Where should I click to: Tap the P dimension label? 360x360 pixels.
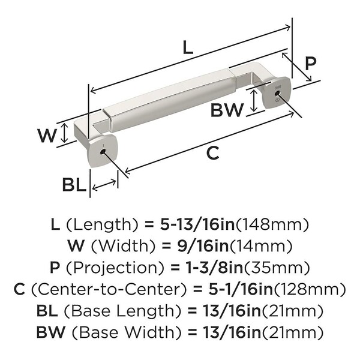pyautogui.click(x=311, y=63)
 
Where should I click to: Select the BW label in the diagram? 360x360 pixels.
pyautogui.click(x=227, y=110)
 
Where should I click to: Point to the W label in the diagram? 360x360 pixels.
pyautogui.click(x=47, y=136)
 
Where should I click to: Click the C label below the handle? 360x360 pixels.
pyautogui.click(x=213, y=153)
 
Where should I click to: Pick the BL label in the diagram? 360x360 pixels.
pyautogui.click(x=74, y=185)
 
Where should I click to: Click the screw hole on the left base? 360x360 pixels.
pyautogui.click(x=103, y=152)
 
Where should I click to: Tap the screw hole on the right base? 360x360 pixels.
pyautogui.click(x=277, y=93)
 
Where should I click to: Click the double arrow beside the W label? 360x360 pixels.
pyautogui.click(x=65, y=133)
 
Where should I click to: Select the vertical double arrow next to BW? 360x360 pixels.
pyautogui.click(x=253, y=101)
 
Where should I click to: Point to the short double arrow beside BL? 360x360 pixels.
pyautogui.click(x=104, y=185)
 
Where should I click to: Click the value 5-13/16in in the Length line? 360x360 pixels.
pyautogui.click(x=197, y=224)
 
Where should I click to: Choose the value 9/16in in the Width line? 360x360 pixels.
pyautogui.click(x=203, y=246)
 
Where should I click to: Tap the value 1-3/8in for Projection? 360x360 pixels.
pyautogui.click(x=214, y=268)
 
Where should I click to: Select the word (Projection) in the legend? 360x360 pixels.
pyautogui.click(x=115, y=268)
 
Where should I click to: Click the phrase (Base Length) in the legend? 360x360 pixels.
pyautogui.click(x=122, y=311)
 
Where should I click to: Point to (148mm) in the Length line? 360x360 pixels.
pyautogui.click(x=272, y=225)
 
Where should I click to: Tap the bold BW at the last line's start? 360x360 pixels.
pyautogui.click(x=51, y=332)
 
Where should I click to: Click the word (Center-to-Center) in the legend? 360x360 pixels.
pyautogui.click(x=109, y=289)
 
